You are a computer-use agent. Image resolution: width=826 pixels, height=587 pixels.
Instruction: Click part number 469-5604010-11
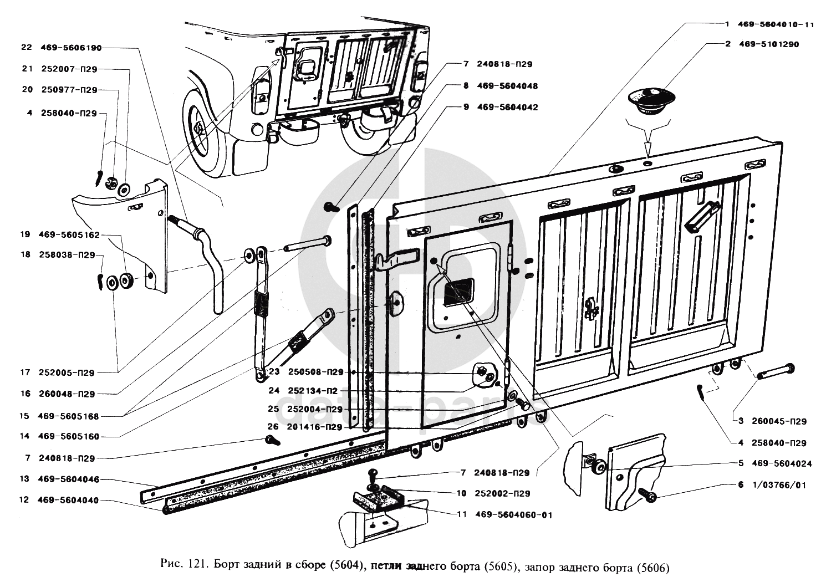coord(774,25)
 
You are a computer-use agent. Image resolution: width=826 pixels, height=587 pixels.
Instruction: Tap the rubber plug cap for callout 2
coord(651,100)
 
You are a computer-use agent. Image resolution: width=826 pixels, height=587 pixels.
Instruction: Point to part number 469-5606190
coord(71,48)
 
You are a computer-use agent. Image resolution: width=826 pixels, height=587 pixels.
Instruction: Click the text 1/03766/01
coord(779,485)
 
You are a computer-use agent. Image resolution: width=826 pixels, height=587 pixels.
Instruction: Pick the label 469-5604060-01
coord(514,515)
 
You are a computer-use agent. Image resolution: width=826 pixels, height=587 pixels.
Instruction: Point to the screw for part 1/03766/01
coord(647,494)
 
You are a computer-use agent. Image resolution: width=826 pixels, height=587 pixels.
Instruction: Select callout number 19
coord(25,234)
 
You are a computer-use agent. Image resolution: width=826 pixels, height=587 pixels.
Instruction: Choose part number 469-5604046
coord(69,479)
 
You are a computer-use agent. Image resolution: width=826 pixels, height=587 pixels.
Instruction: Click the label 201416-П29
coord(315,427)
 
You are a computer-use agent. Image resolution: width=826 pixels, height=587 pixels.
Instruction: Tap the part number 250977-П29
coord(69,90)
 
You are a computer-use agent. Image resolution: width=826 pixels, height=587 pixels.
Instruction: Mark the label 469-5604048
coord(507,86)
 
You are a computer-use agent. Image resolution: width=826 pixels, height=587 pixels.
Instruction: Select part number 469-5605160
coord(69,437)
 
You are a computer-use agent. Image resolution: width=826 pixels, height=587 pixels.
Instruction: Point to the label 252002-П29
coord(502,493)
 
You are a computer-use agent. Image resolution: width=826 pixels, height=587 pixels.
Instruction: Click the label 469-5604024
coord(782,463)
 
